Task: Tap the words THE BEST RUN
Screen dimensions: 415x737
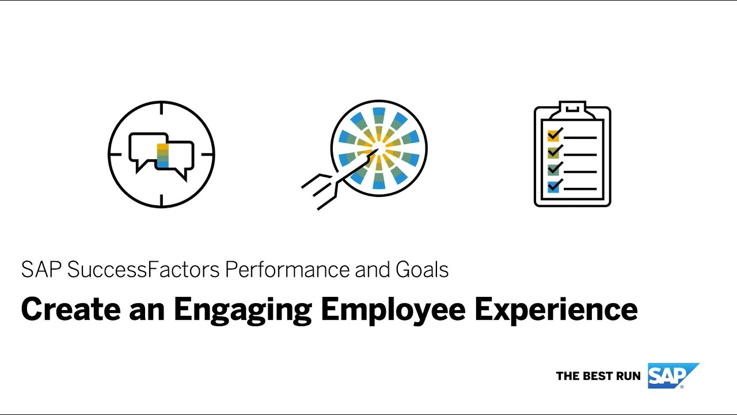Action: coord(598,376)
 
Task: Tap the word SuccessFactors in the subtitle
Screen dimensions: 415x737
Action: coord(143,270)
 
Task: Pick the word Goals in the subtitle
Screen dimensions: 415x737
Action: coord(422,270)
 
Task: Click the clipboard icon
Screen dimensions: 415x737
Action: coord(572,154)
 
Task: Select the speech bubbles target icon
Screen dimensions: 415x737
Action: coord(161,154)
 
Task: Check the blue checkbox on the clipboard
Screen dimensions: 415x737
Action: coord(553,187)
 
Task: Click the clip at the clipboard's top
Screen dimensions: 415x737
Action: coord(572,107)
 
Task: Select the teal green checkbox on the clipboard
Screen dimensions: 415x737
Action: coord(553,170)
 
